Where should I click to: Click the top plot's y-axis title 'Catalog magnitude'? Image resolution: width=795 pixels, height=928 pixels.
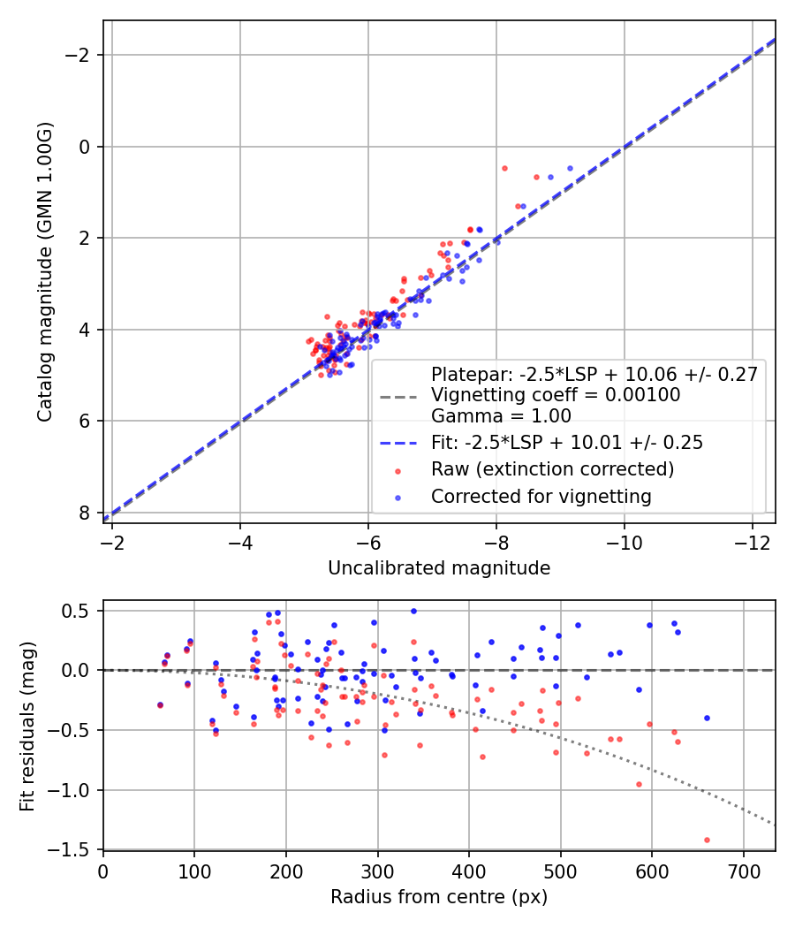pyautogui.click(x=46, y=271)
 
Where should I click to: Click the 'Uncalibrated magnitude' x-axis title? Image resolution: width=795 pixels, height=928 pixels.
pyautogui.click(x=439, y=568)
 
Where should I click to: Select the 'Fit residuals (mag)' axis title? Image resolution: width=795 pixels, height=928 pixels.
pyautogui.click(x=26, y=725)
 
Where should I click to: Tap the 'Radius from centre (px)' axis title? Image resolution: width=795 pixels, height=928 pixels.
pyautogui.click(x=439, y=897)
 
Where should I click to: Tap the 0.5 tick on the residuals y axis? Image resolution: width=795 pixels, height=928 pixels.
pyautogui.click(x=82, y=611)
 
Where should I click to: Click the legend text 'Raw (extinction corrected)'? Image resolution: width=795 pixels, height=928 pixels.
pyautogui.click(x=552, y=468)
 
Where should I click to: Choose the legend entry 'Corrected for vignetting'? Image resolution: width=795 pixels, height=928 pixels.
pyautogui.click(x=541, y=497)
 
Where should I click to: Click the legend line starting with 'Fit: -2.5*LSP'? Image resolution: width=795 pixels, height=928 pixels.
pyautogui.click(x=566, y=443)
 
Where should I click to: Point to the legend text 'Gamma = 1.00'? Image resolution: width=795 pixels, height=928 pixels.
pyautogui.click(x=501, y=416)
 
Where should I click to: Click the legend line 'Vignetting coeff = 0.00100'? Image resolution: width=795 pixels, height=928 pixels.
pyautogui.click(x=556, y=395)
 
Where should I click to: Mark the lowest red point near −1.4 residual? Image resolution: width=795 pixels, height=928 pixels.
pyautogui.click(x=707, y=840)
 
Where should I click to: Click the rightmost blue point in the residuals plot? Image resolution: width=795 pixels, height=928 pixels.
pyautogui.click(x=707, y=718)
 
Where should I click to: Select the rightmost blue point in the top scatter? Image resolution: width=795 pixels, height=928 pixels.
pyautogui.click(x=570, y=168)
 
